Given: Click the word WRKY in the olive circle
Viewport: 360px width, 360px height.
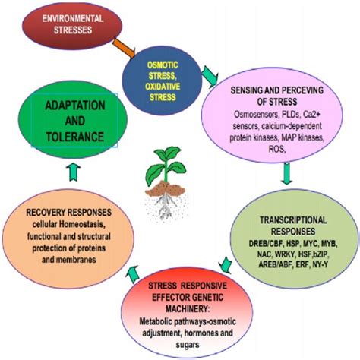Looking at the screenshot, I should (285, 247).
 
